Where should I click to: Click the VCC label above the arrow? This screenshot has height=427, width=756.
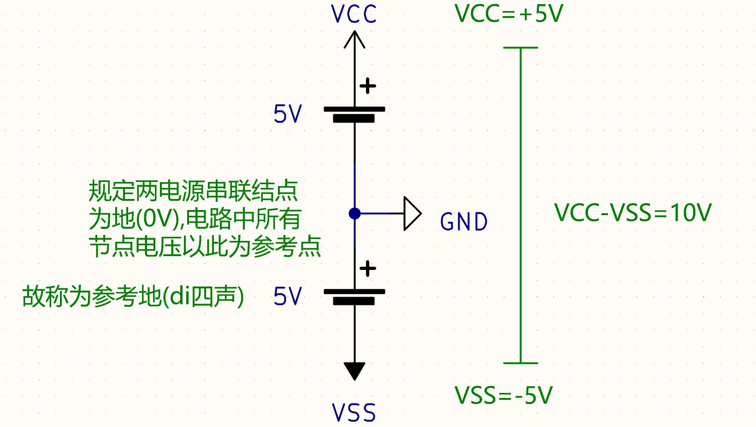(x=354, y=14)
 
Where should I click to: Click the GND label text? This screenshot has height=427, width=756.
(x=464, y=222)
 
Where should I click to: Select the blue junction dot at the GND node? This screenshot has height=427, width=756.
(x=354, y=213)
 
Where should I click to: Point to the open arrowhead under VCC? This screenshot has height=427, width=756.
(x=354, y=39)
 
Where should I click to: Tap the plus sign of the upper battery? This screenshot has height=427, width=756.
(x=367, y=86)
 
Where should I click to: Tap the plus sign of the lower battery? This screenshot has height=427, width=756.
(x=367, y=269)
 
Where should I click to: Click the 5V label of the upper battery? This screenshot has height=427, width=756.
(x=288, y=114)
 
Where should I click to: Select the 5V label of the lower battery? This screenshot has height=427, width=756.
(x=288, y=296)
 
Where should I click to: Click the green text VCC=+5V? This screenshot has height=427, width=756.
(x=509, y=14)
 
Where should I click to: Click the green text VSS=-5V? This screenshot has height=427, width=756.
(x=503, y=395)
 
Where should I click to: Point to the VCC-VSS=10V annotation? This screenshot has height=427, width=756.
(x=633, y=213)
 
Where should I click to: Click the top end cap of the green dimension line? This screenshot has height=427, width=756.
(x=520, y=47)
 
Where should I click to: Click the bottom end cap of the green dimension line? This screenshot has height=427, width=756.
(x=520, y=363)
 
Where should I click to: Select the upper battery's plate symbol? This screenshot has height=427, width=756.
(x=354, y=114)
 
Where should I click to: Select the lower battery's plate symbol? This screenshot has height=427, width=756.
(x=354, y=297)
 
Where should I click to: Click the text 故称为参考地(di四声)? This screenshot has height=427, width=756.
(x=133, y=297)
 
